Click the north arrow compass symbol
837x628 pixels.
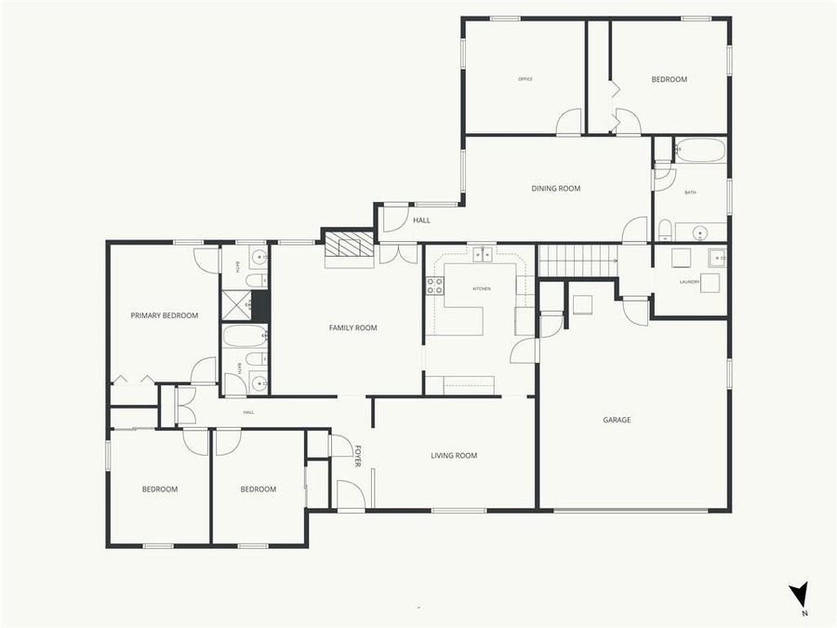[798, 596]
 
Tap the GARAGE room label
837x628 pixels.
[617, 420]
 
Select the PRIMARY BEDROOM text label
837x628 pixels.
[164, 315]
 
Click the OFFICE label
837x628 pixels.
[525, 79]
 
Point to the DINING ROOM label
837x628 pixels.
[555, 189]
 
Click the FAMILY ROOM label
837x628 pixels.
[352, 327]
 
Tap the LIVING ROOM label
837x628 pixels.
[454, 455]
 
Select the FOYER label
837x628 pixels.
[357, 456]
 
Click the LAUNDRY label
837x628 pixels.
[689, 281]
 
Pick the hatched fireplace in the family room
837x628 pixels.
[347, 245]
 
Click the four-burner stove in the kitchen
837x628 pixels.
[434, 287]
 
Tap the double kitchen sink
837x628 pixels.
[481, 254]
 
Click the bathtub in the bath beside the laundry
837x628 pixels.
[699, 151]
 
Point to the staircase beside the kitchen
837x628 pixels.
[578, 261]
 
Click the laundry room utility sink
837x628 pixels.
[717, 258]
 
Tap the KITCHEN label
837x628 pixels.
[481, 289]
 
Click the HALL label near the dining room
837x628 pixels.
[421, 220]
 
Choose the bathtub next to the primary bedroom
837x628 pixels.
[245, 337]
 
